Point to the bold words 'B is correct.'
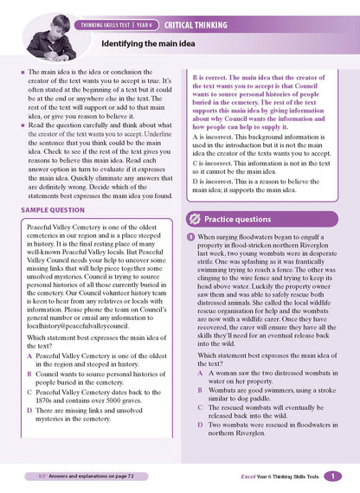coord(212,77)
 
